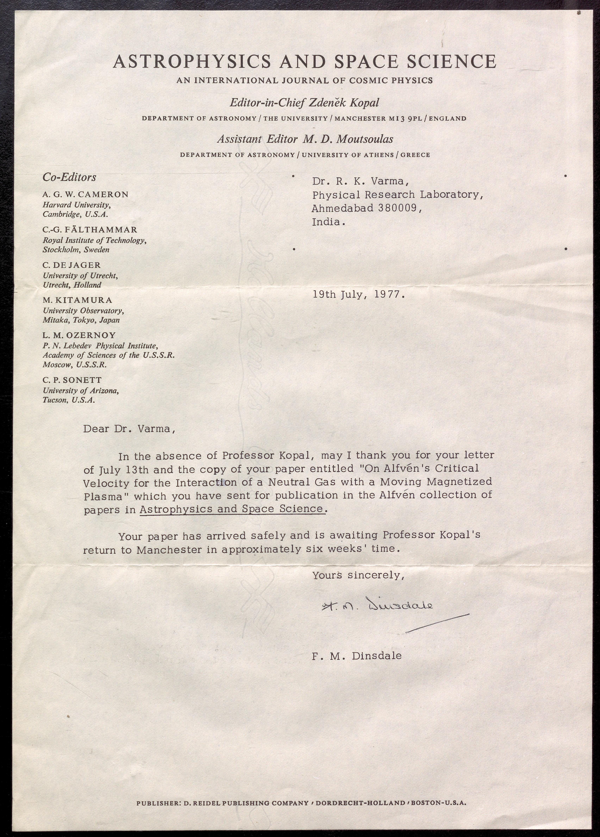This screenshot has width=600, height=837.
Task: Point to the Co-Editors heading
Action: click(x=69, y=178)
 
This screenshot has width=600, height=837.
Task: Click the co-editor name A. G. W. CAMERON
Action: click(x=86, y=194)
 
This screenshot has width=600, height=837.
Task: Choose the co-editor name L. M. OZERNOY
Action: click(x=79, y=335)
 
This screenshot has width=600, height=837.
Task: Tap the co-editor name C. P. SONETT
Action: click(x=72, y=380)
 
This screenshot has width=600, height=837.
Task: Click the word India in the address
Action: click(x=328, y=222)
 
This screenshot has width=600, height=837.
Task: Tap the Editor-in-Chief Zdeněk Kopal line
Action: click(x=304, y=103)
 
